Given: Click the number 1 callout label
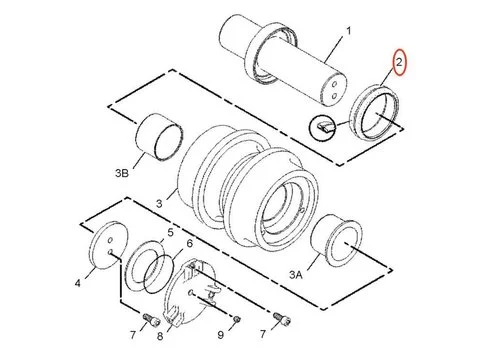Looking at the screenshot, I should pyautogui.click(x=349, y=33).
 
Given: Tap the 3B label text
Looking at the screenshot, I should pyautogui.click(x=122, y=173).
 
